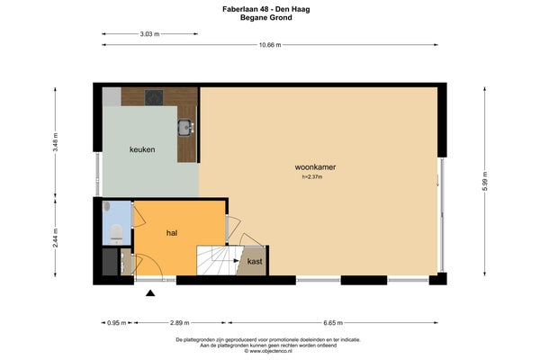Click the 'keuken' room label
(x=142, y=149)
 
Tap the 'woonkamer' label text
(x=315, y=167)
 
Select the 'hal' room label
(x=172, y=233)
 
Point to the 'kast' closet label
(x=255, y=262)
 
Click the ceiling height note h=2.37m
(x=312, y=177)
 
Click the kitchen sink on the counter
(x=186, y=128)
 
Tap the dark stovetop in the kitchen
(x=154, y=97)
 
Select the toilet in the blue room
(x=116, y=233)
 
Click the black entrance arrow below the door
(x=150, y=293)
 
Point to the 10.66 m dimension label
(x=270, y=45)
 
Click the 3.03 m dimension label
(x=149, y=34)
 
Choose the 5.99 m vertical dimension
(x=485, y=181)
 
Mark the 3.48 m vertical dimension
(x=56, y=142)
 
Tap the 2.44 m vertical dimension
(x=56, y=238)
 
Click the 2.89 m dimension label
(x=179, y=323)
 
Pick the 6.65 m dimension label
(x=333, y=323)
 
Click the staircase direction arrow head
(x=237, y=261)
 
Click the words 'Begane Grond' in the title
(x=266, y=18)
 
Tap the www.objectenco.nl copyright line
(x=268, y=351)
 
